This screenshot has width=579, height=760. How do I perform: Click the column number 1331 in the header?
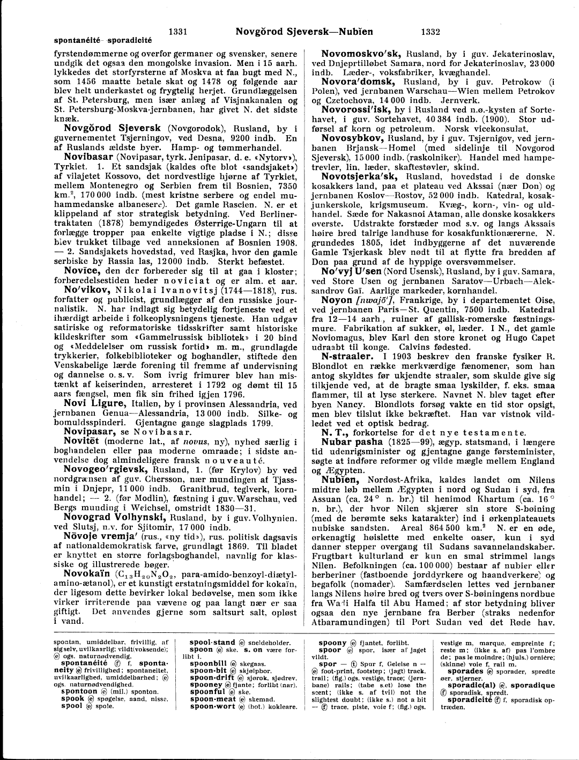[x=177, y=32]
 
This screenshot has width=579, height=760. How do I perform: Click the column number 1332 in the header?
[x=430, y=32]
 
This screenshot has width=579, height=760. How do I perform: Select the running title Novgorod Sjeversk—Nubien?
[x=304, y=32]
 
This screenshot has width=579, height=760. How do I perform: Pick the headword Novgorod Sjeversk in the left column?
[x=112, y=129]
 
